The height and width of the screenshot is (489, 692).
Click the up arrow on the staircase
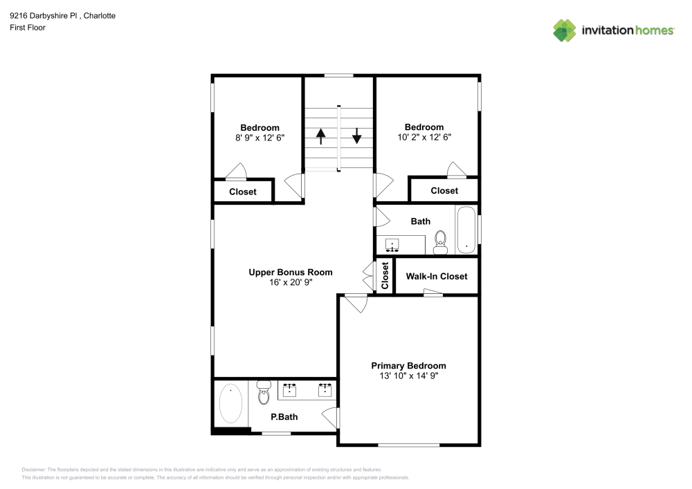(321, 136)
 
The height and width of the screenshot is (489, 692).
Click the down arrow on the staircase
(356, 136)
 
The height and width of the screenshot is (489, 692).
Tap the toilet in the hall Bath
(440, 243)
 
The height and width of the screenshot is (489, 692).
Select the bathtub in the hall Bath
(466, 230)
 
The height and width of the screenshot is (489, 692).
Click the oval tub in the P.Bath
(230, 403)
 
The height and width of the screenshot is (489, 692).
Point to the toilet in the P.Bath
(264, 392)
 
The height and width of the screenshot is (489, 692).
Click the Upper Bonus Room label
(291, 273)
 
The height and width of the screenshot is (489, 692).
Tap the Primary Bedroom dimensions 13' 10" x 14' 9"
(409, 376)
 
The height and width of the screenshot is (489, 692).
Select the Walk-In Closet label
(437, 277)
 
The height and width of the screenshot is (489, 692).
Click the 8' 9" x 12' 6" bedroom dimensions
(259, 138)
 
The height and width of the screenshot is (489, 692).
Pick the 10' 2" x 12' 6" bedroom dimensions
(424, 137)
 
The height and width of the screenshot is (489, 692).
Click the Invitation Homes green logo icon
(565, 30)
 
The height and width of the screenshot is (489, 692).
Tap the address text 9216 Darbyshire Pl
(44, 16)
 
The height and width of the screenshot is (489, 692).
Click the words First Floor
(28, 28)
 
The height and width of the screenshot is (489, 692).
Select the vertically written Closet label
(385, 275)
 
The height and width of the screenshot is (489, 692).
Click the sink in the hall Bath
(392, 245)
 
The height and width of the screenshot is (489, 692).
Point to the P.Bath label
(284, 417)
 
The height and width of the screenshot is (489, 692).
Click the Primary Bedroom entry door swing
(356, 304)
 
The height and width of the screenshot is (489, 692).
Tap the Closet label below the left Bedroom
(243, 192)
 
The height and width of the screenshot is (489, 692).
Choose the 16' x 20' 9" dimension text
(291, 282)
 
